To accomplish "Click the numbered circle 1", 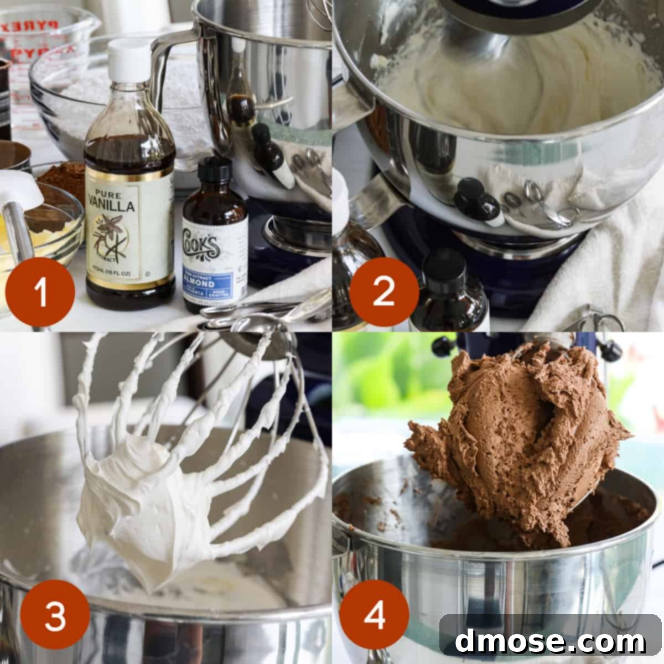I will [40, 292].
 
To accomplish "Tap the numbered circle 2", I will [383, 292].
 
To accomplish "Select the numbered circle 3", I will [55, 614].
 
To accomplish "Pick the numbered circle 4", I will [374, 614].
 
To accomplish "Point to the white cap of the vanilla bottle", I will [128, 58].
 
